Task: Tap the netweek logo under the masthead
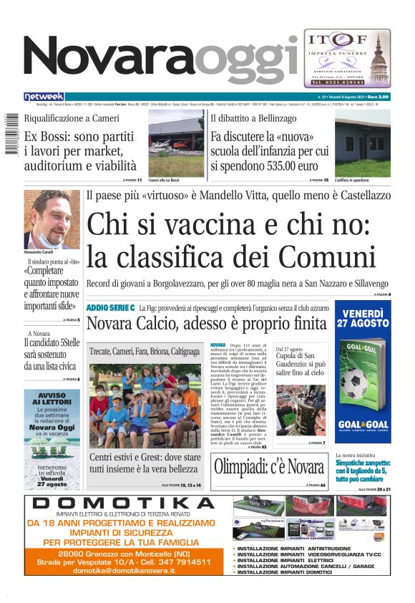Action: (x=44, y=97)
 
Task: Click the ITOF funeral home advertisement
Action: (x=347, y=58)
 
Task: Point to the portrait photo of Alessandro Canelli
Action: (x=52, y=219)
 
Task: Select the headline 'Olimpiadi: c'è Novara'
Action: (x=269, y=467)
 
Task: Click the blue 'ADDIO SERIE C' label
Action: (x=110, y=307)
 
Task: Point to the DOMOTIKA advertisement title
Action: (x=126, y=503)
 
